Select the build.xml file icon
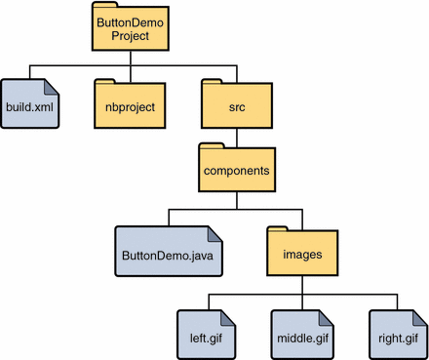tap(30, 103)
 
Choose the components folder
tap(236, 167)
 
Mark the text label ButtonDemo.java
tap(163, 256)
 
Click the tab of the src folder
tap(214, 83)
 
